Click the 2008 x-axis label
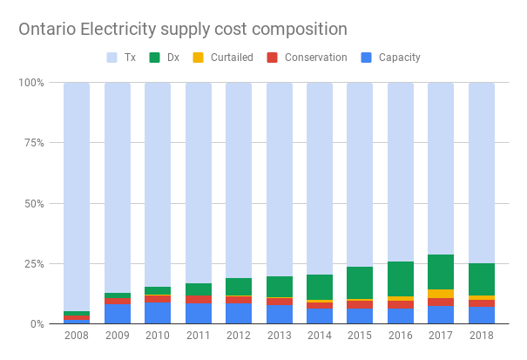click(x=77, y=336)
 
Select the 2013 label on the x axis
click(x=280, y=336)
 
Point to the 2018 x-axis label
click(x=483, y=336)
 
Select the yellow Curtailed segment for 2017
click(x=442, y=294)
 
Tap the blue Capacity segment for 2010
click(x=158, y=313)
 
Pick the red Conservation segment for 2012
click(x=239, y=299)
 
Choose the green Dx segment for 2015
click(x=361, y=282)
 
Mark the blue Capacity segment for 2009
click(x=118, y=314)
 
